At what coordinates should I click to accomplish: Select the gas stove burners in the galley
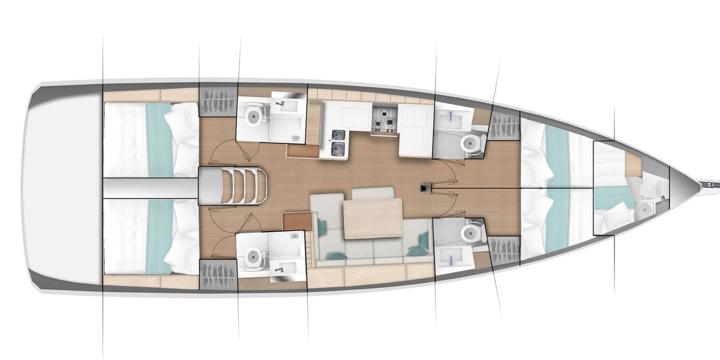pos(384,118)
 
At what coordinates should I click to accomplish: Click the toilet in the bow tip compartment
pos(651,188)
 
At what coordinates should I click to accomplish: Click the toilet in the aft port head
pos(253,113)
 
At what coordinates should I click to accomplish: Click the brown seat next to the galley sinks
pos(302,150)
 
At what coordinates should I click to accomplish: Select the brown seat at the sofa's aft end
pos(297,221)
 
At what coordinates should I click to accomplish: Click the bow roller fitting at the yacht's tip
pos(708,181)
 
